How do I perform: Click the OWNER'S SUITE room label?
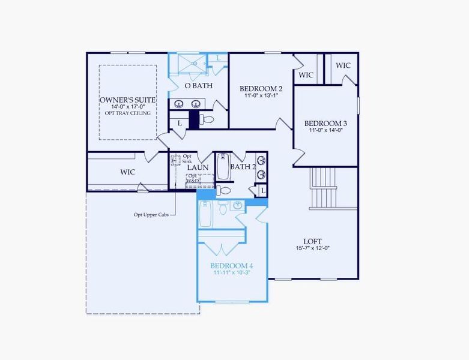tap(128, 99)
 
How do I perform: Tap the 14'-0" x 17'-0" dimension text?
tap(128, 106)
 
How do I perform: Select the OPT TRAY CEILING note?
tap(128, 113)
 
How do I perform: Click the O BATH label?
tap(198, 86)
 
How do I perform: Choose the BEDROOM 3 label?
tap(326, 123)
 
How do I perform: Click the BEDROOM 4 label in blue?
tap(232, 265)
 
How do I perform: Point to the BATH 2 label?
tap(243, 167)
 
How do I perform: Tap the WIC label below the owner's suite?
tap(127, 172)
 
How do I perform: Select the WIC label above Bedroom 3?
tap(306, 75)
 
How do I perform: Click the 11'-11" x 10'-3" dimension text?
tap(232, 272)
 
